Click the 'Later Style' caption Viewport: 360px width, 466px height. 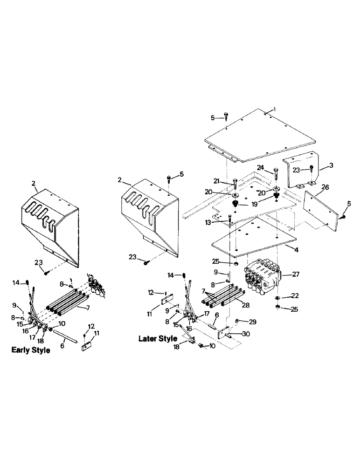tap(158, 339)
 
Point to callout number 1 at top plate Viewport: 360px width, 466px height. tap(275, 109)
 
